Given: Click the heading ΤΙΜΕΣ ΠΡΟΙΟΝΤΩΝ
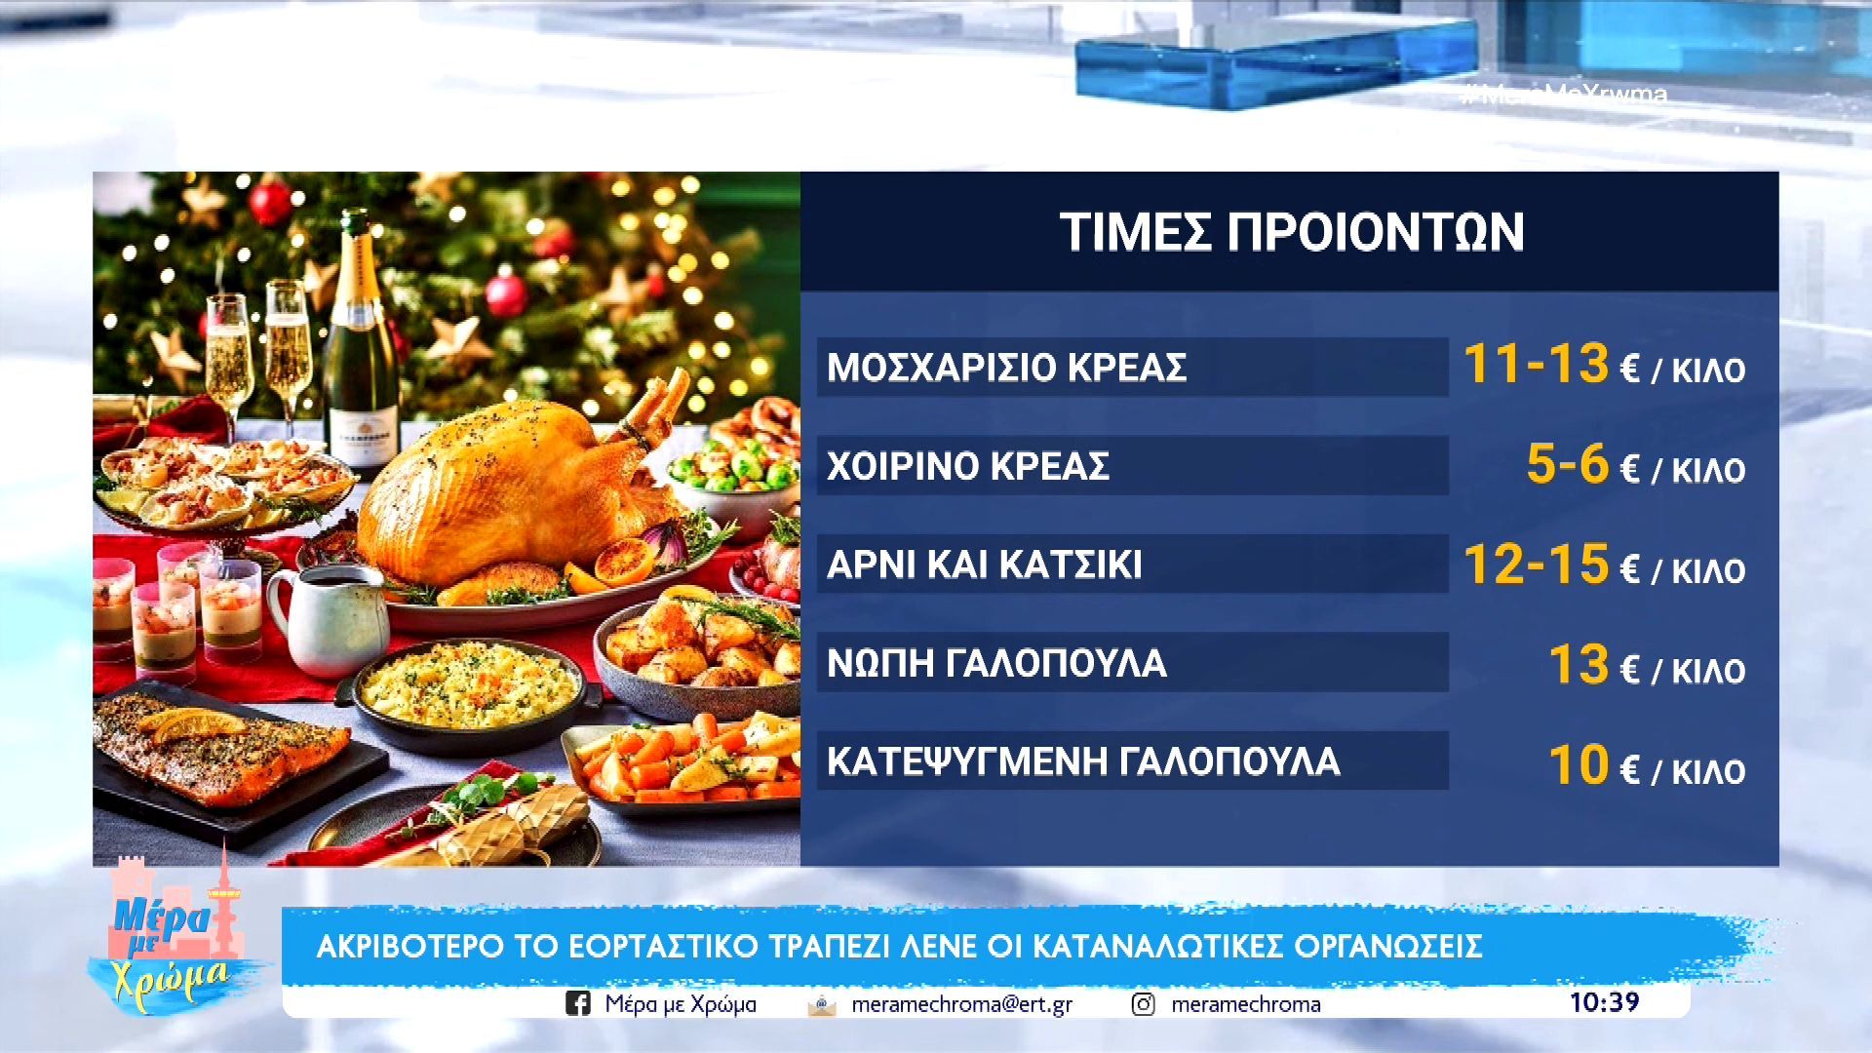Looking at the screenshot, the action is pos(1291,232).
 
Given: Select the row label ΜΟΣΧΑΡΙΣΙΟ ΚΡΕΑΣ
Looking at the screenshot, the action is pos(1006,368).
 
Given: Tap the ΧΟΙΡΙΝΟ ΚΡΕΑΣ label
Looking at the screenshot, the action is pos(968,466).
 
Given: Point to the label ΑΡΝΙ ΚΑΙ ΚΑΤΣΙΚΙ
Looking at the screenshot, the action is pos(984,565).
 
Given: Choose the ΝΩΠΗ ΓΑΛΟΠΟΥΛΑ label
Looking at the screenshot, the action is pos(996,663).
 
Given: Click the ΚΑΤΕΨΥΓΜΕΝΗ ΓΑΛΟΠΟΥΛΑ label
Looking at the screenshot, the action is pos(1083,761).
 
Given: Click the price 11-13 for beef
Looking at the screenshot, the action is pos(1536,364).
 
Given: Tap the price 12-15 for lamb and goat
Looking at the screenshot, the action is pos(1536,564).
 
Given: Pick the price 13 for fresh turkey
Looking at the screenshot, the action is pos(1579,664).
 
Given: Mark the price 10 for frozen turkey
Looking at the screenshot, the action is pos(1579,764).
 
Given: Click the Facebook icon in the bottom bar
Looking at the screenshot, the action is pos(577,1003).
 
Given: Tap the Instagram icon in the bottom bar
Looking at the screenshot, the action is pos(1143,1003).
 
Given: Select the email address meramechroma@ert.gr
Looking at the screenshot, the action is pos(961,1004).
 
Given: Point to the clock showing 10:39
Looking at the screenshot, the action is pos(1604,1002).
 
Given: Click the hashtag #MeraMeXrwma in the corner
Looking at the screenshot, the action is pos(1564,95).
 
